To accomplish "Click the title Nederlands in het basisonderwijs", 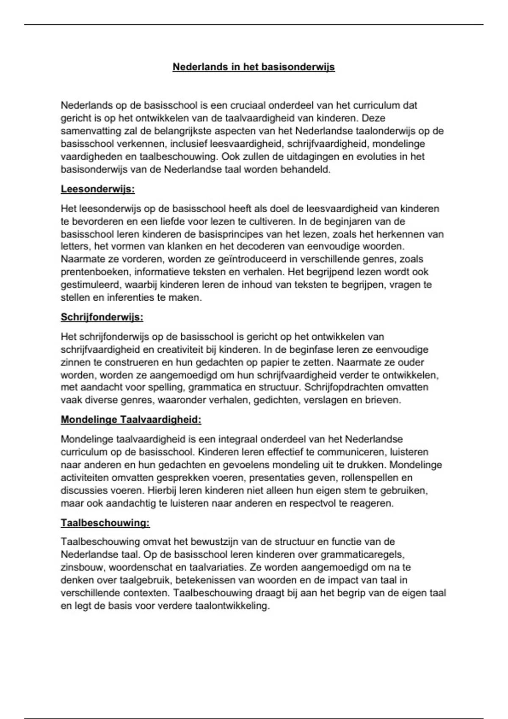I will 254,67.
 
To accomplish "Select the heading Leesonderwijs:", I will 98,189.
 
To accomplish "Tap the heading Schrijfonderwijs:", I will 102,317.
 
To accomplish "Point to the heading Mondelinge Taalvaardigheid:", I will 131,420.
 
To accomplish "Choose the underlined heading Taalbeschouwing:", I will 105,523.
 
